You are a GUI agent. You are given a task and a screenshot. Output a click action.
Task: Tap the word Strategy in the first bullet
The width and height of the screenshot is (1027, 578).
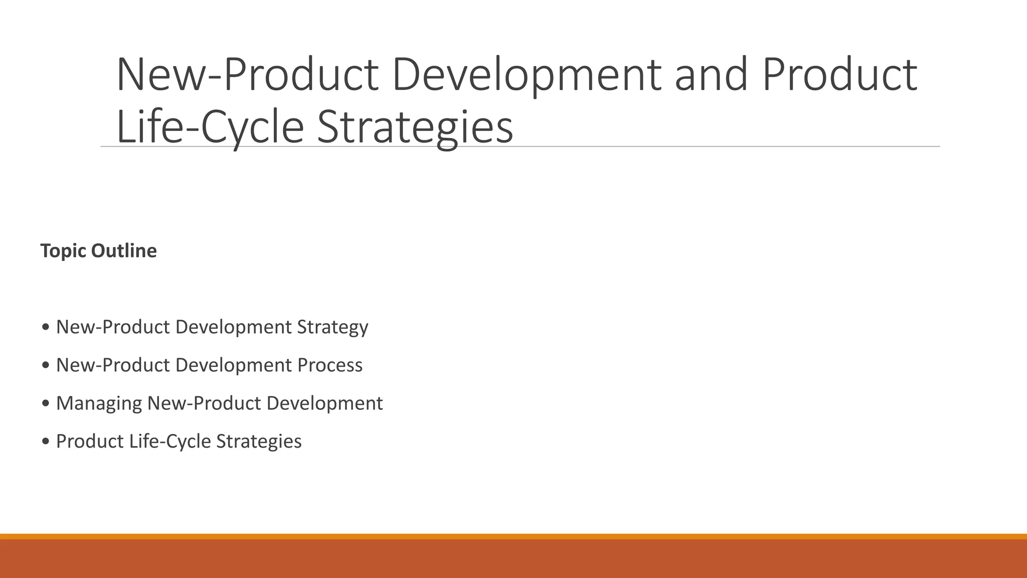click(332, 328)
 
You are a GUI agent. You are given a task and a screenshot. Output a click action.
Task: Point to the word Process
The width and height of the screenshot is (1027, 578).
click(329, 365)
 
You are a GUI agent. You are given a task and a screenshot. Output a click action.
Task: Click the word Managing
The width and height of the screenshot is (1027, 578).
click(99, 404)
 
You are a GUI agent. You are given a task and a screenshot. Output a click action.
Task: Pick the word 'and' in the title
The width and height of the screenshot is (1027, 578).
click(711, 75)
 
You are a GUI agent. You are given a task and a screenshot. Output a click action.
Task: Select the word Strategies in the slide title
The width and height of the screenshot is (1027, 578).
click(415, 127)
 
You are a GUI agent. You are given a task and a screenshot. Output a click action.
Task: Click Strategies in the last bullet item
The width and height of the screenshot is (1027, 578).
click(259, 442)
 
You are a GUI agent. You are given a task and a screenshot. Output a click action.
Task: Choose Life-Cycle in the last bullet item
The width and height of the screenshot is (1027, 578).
click(170, 442)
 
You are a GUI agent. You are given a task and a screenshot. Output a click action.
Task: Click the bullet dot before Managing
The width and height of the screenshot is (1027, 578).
click(46, 403)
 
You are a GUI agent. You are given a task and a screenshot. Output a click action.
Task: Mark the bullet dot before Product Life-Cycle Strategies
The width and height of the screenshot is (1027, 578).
click(46, 442)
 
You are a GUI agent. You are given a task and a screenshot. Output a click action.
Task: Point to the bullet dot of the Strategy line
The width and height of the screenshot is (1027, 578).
click(46, 327)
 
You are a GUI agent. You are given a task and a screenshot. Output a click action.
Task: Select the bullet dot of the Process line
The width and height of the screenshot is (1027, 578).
click(46, 365)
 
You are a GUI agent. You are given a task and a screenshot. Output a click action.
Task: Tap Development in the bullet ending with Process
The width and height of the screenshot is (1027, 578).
click(233, 365)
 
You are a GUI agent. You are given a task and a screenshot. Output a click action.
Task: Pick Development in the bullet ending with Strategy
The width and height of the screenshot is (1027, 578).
click(233, 327)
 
